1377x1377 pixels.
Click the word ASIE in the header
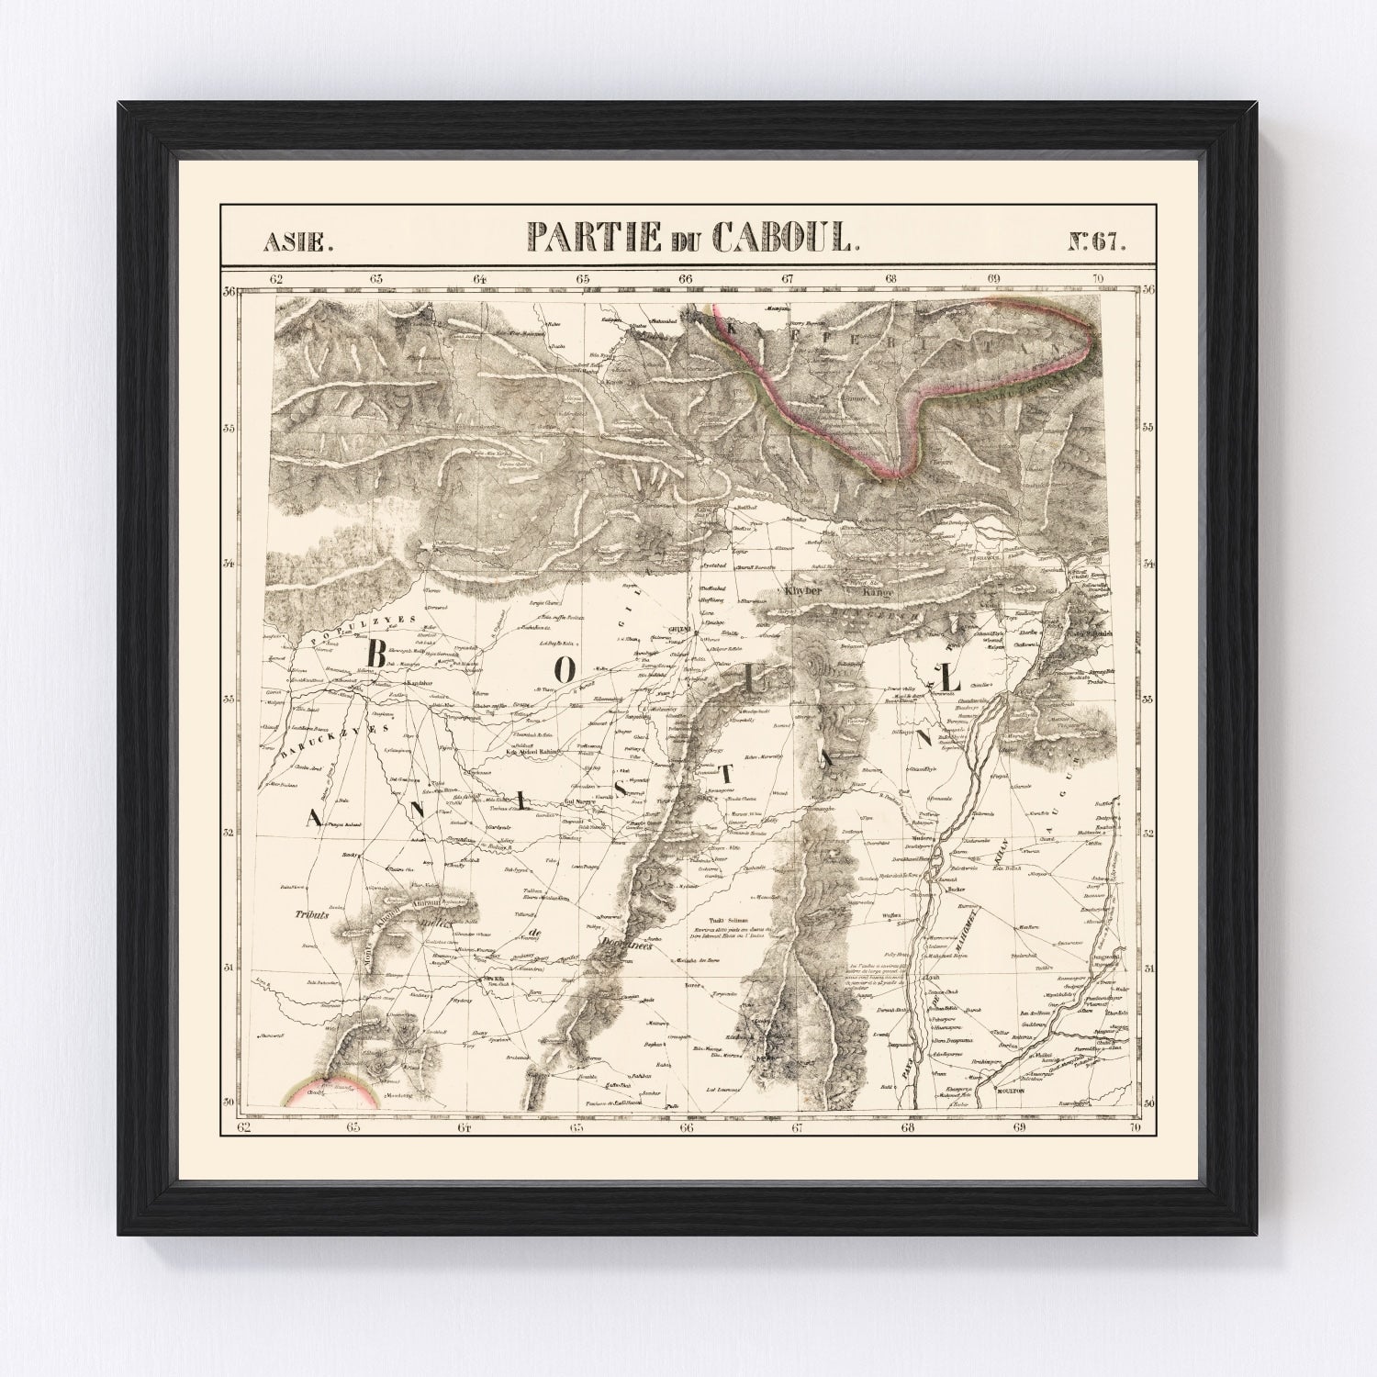pos(291,243)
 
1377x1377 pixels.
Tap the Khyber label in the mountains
pos(802,592)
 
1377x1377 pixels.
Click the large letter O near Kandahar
pos(566,671)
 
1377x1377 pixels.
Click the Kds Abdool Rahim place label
pos(532,754)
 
